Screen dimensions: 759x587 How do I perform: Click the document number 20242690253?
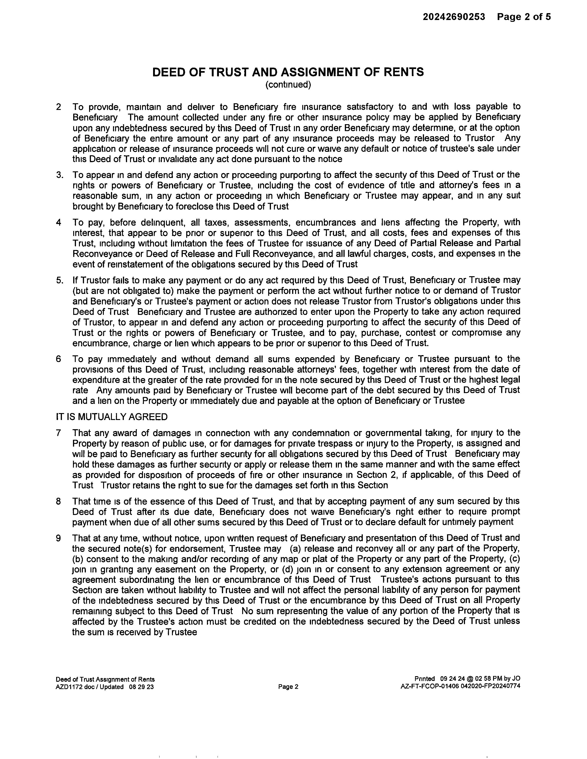coord(453,17)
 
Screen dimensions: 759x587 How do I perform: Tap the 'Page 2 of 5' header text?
coord(524,17)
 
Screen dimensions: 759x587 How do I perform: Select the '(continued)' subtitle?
coord(288,85)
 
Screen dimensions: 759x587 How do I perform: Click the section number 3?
coord(59,175)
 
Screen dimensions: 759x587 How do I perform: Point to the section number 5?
coord(59,280)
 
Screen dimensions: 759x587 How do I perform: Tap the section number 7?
coord(58,433)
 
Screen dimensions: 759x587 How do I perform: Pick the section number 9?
coord(58,538)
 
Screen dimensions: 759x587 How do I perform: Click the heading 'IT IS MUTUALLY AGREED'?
coord(112,417)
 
